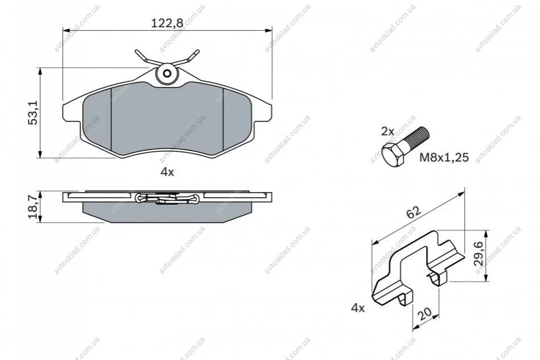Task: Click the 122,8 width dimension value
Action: [x=167, y=23]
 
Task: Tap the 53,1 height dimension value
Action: [x=34, y=113]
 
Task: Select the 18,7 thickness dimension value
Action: [x=34, y=207]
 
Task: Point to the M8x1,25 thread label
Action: [x=444, y=158]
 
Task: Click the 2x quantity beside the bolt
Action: [x=388, y=131]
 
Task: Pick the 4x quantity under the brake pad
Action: [x=167, y=172]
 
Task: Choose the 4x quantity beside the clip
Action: [x=357, y=308]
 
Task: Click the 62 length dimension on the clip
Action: [x=413, y=212]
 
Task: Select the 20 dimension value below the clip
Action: [x=424, y=313]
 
